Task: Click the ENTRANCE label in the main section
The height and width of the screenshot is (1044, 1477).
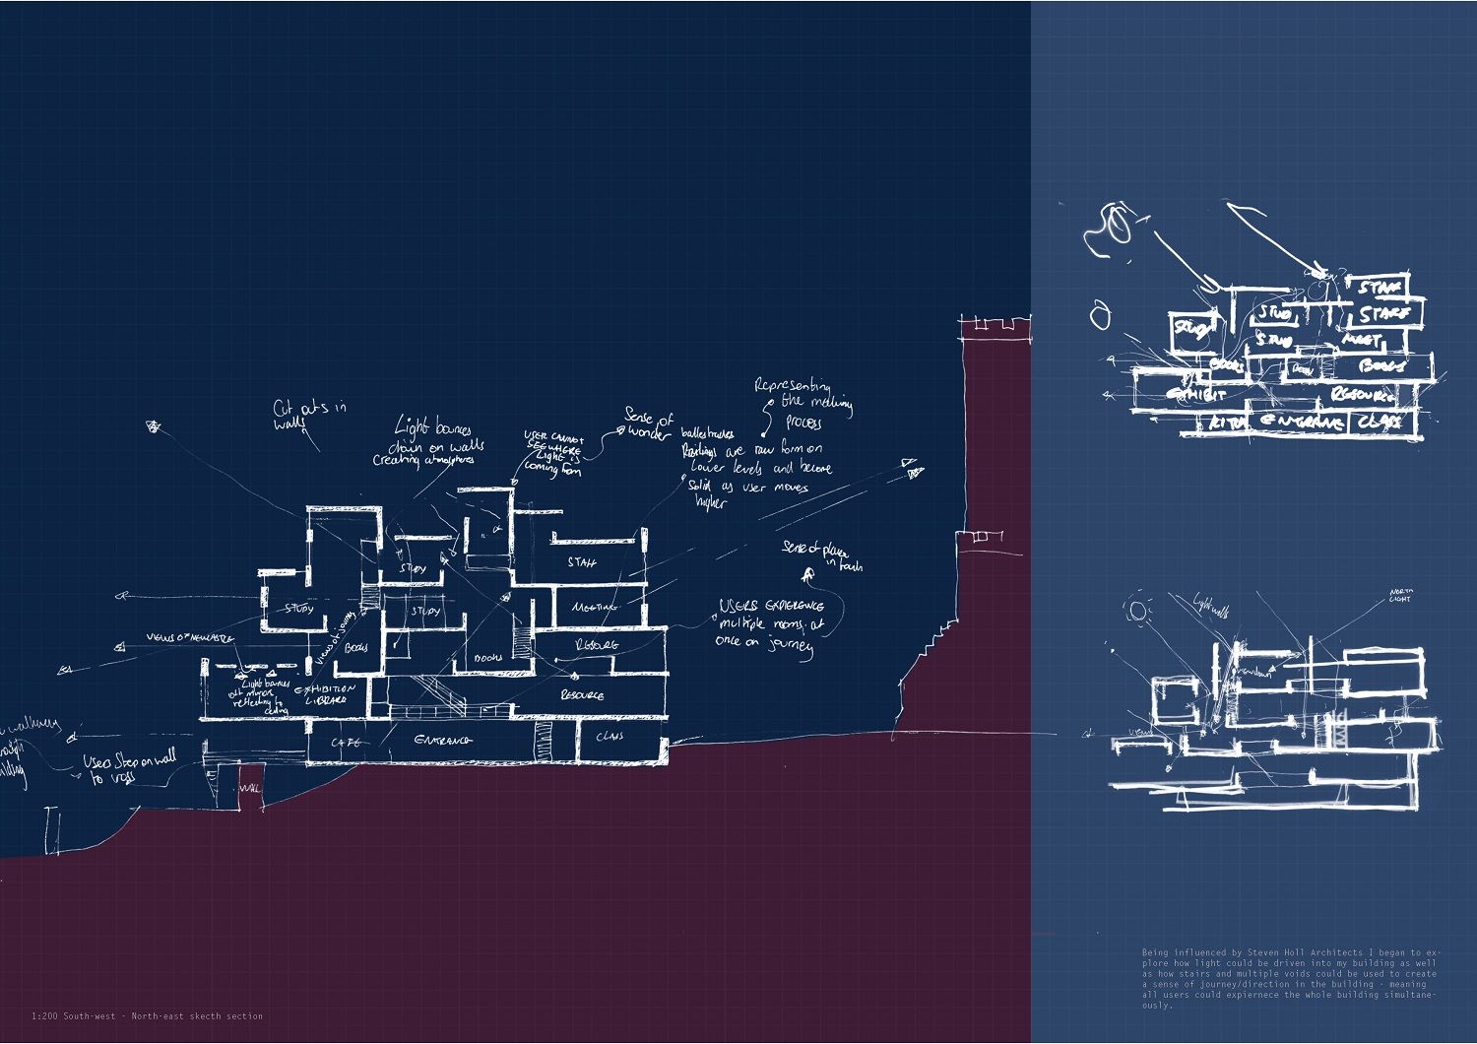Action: [443, 740]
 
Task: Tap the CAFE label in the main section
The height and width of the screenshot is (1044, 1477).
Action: [346, 742]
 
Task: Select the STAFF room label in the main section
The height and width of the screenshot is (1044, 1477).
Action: [582, 562]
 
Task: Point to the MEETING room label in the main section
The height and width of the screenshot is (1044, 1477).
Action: [593, 607]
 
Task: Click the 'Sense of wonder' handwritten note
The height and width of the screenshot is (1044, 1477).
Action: [649, 425]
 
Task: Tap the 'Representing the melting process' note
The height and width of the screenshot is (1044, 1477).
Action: [803, 402]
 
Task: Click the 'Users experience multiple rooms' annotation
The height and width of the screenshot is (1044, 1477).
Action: [770, 625]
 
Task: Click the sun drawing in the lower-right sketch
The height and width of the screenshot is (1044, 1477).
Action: [1138, 611]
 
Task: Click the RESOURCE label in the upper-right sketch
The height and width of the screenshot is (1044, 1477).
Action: [1363, 394]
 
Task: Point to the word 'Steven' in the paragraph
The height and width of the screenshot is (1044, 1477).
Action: [1264, 952]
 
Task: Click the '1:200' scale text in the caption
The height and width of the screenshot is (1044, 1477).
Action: [43, 1015]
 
